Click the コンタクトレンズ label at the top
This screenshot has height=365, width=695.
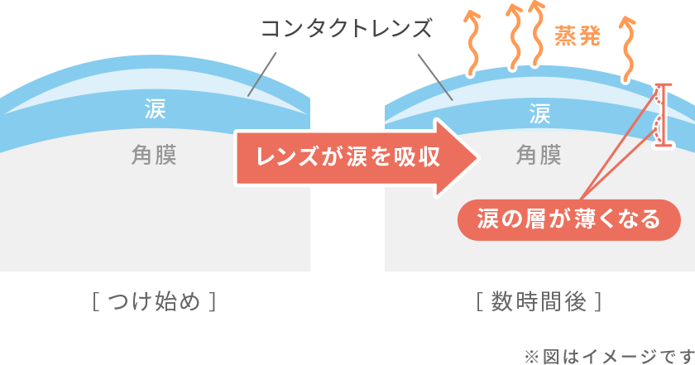click(347, 30)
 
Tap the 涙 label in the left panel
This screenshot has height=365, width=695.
click(155, 108)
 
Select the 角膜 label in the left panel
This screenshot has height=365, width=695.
click(154, 154)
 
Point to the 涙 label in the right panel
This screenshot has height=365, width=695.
click(539, 113)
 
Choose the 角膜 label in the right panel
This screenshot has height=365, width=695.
click(539, 155)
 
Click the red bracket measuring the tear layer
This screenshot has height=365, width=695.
click(661, 114)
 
